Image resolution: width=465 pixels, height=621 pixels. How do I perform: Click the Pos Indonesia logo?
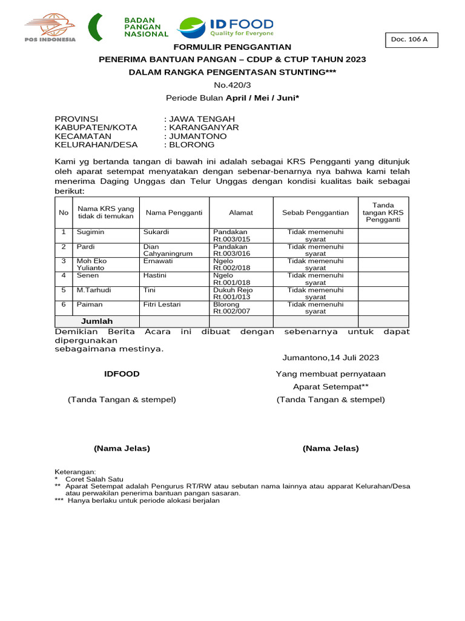coord(50,29)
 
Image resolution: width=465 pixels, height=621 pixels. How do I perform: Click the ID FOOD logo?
coord(225,27)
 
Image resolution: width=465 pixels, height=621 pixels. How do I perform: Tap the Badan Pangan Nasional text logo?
coord(145,27)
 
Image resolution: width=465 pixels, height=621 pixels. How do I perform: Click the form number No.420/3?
coord(232,85)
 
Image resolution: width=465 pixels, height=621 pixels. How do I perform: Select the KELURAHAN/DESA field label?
coord(96,145)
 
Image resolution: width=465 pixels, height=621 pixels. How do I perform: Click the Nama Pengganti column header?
coord(174,212)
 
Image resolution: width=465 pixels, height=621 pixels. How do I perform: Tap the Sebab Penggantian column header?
coord(315,212)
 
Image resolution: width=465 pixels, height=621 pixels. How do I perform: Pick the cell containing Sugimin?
coord(90,232)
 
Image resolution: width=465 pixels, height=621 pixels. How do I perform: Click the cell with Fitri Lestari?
coord(162,304)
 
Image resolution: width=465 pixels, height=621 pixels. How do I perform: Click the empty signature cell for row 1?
coord(383,235)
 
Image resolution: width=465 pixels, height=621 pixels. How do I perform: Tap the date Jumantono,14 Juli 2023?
coord(331,358)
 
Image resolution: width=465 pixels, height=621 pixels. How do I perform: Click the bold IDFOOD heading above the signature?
coord(122,374)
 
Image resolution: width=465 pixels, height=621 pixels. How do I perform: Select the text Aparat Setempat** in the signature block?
coord(331,387)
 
